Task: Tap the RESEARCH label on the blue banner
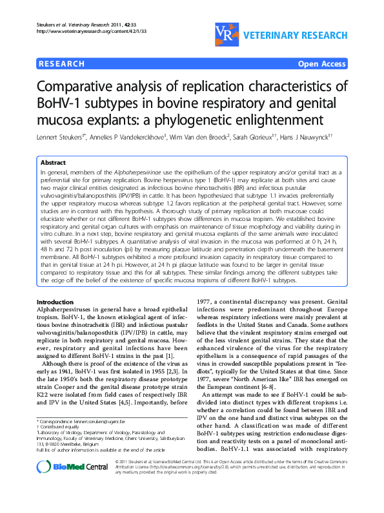pos(62,64)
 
